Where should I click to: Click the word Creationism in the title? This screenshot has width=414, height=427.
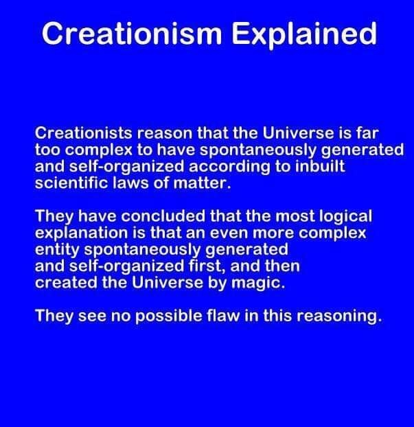132,34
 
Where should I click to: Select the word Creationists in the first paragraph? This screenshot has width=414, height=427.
83,133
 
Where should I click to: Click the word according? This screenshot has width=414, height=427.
229,166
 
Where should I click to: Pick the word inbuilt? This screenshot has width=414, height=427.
320,166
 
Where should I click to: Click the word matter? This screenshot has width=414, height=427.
202,183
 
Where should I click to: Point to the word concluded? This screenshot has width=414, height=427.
163,216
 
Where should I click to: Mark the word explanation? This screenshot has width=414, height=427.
81,233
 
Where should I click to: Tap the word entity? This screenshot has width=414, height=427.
57,250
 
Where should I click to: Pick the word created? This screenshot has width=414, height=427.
66,282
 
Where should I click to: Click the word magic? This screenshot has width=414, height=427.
257,284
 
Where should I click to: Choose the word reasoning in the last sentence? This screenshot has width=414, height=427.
339,316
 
